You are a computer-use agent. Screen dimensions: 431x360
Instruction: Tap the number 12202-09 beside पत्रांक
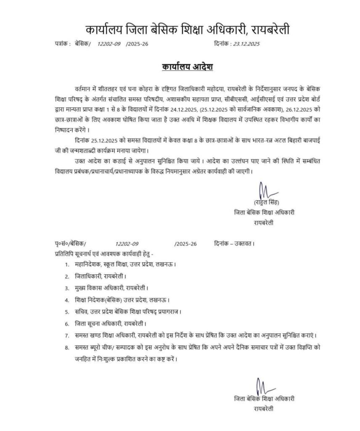point(109,44)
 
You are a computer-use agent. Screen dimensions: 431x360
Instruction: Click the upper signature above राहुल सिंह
point(264,190)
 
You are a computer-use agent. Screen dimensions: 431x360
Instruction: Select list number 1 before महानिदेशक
point(67,265)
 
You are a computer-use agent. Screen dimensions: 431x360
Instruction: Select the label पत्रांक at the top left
point(62,44)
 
